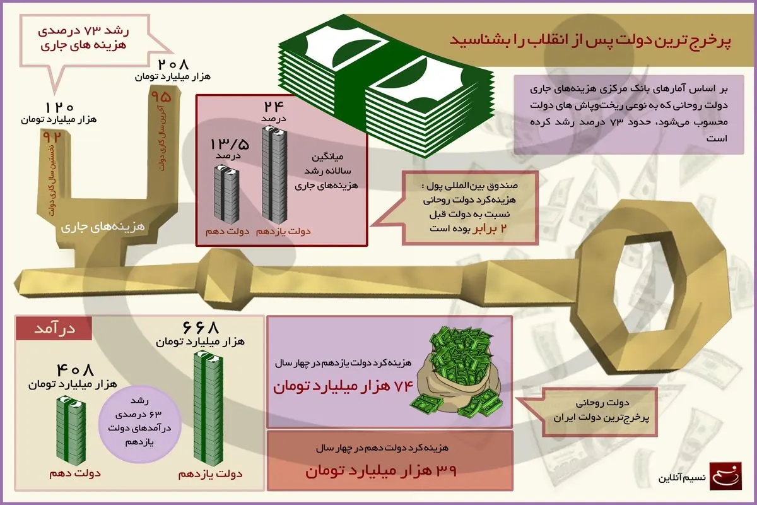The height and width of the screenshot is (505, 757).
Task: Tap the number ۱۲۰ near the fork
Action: tap(61, 107)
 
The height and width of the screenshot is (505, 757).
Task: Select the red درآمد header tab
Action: tap(54, 328)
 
